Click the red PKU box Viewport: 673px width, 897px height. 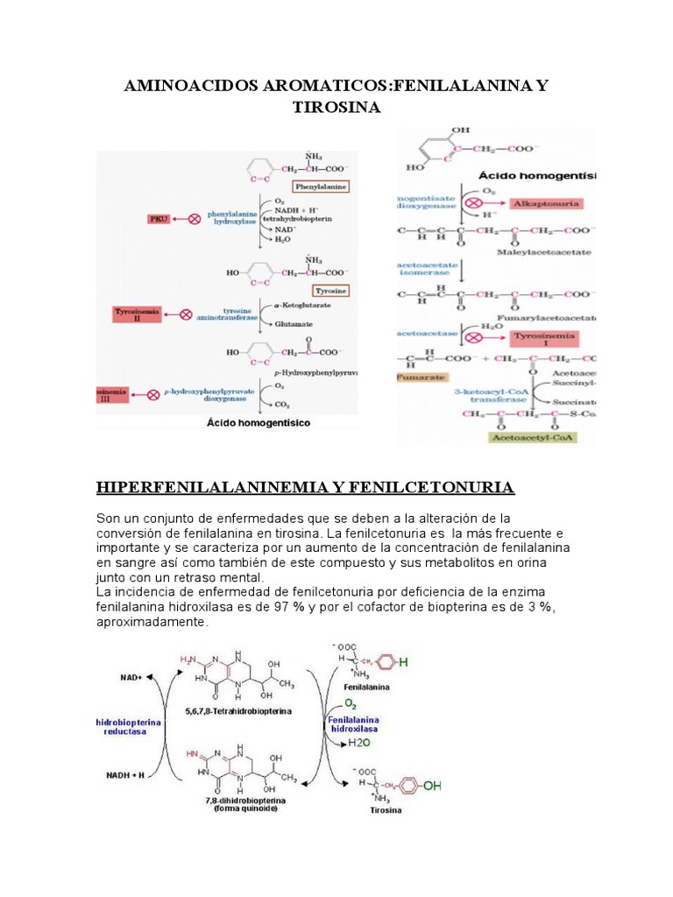point(159,218)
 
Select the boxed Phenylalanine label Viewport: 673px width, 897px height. point(322,186)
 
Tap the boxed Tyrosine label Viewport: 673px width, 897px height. point(330,290)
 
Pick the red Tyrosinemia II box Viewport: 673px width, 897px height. point(137,314)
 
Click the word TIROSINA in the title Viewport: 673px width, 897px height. point(336,106)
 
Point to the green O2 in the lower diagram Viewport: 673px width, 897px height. point(350,703)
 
